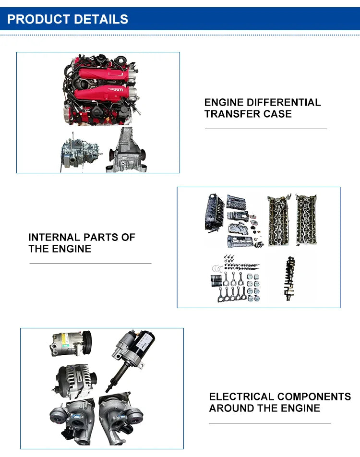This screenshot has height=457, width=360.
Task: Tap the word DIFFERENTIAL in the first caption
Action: click(284, 102)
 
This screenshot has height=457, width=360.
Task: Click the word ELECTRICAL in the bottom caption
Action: click(241, 397)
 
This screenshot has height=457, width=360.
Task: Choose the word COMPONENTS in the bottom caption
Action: click(314, 397)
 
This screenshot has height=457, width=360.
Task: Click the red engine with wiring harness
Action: click(101, 90)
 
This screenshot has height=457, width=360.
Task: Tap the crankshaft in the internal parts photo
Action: click(289, 278)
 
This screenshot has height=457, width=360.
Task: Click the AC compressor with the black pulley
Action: click(71, 343)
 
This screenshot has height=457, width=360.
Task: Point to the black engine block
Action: click(215, 212)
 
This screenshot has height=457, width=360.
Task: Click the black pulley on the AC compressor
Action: click(86, 342)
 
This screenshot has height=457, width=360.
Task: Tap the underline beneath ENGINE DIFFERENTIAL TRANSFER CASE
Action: click(266, 129)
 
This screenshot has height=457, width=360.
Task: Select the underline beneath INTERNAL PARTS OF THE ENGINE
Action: click(90, 264)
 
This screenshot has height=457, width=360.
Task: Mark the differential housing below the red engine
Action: click(127, 150)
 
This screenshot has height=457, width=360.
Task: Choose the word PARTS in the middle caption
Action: click(101, 237)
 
